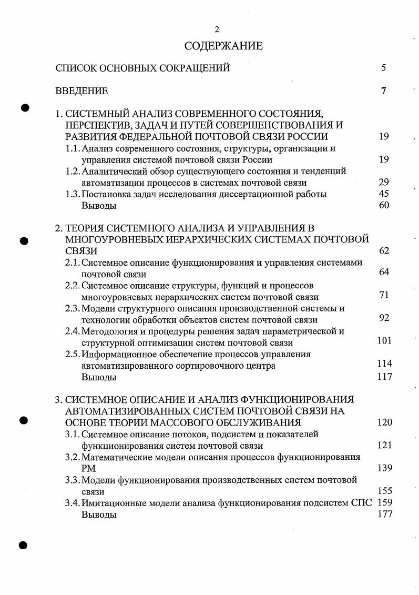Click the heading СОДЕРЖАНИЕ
coord(223,46)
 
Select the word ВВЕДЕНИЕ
coord(81,91)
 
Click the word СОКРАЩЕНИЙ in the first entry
coord(199,68)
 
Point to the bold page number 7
coord(384,90)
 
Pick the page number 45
coord(384,194)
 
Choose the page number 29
coord(384,183)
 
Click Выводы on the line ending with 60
coord(99,206)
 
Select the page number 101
coord(385,340)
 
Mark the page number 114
coord(385,364)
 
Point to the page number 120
coord(385,422)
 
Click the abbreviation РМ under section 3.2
coord(88,468)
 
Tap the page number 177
coord(385,515)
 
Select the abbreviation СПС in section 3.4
coord(360,503)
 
